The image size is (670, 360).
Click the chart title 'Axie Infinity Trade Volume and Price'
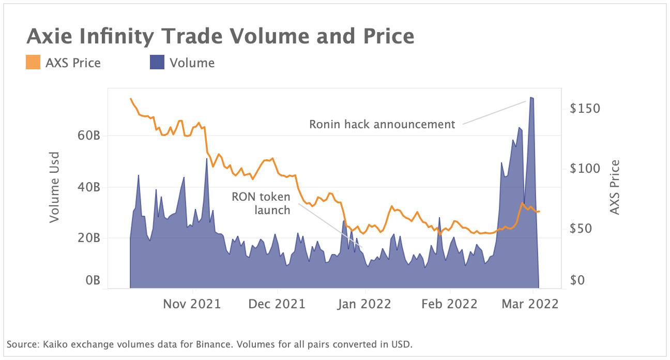click(220, 37)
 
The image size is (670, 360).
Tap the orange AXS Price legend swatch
click(32, 63)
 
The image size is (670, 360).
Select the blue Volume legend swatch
click(157, 63)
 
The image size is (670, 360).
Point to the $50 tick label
click(585, 229)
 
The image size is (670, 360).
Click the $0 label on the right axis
click(588, 281)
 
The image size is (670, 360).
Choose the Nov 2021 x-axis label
click(192, 304)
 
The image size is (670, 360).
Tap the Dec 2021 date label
click(277, 304)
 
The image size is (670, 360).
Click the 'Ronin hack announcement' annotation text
click(382, 124)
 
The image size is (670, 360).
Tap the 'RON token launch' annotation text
click(261, 203)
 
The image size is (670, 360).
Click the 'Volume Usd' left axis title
click(54, 187)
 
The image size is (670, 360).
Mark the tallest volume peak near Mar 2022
click(531, 98)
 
